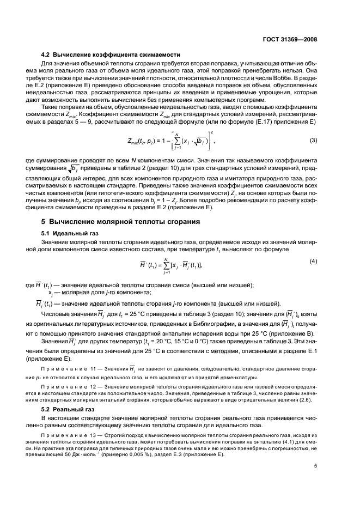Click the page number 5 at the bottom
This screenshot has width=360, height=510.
(315, 466)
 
